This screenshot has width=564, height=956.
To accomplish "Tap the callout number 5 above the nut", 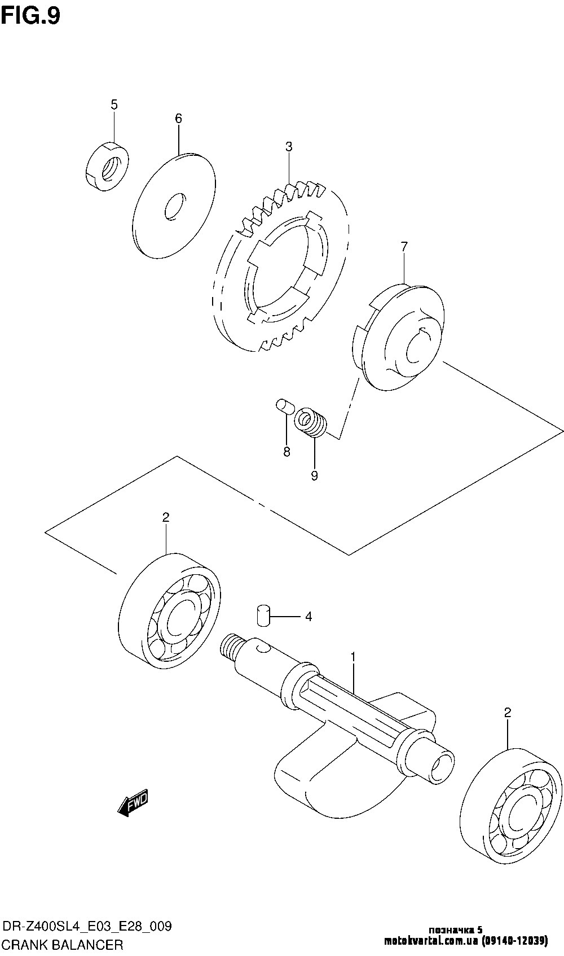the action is coord(114,104).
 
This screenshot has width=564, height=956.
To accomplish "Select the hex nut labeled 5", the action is coord(107,166).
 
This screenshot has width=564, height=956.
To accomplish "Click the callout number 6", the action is coord(178,118).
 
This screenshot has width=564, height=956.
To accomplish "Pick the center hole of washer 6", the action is coord(175,207).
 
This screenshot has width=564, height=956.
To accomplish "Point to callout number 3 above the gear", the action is coord(289,147).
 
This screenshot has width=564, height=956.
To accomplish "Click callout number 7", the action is coord(404,246).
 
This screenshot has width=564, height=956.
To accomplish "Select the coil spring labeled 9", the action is coord(312,422).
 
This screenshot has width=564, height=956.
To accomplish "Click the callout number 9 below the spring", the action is coord(314,476).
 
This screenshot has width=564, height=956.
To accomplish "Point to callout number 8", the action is coord(287,452).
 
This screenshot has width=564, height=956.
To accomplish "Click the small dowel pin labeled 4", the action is coord(263,616).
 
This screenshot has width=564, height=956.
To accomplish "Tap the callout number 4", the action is coord(308,617).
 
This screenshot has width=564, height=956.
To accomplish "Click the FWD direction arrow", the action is coord(133,802).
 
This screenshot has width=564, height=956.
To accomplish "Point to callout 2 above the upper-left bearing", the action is coord(166,517).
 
